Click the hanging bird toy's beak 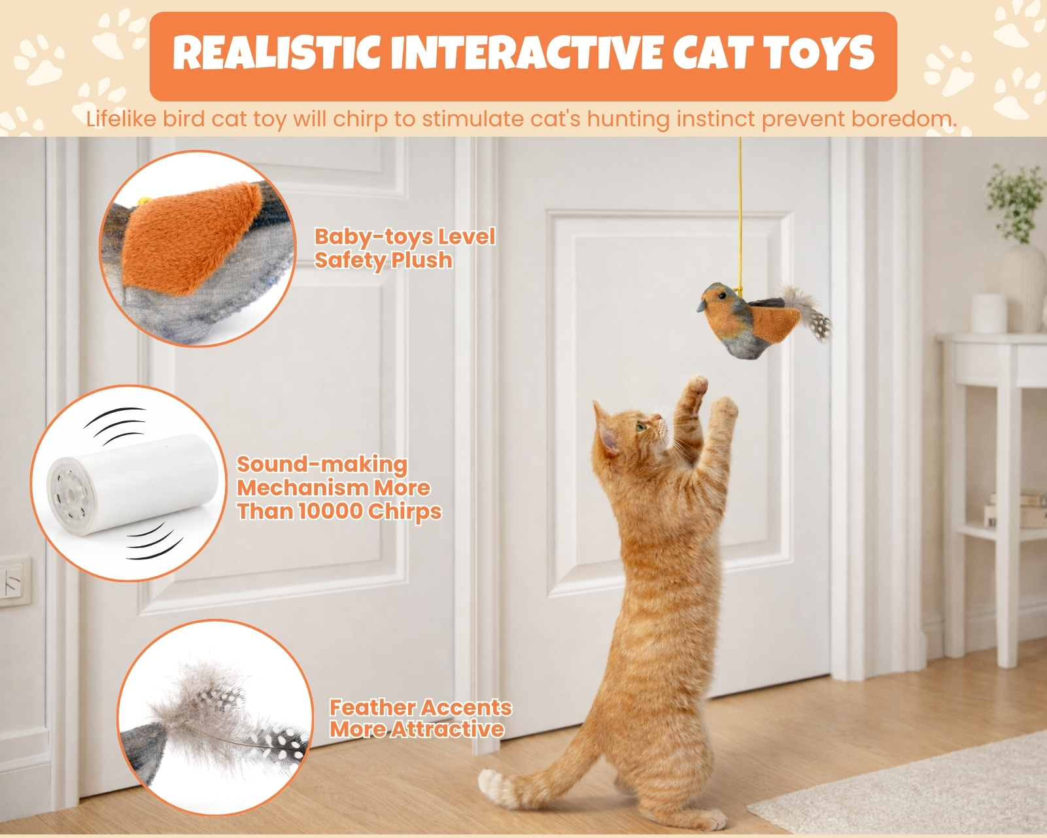pos(702,305)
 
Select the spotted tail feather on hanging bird pos(819,325)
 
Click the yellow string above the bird pos(740,214)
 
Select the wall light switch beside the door pos(14,582)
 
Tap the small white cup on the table pos(987,313)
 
